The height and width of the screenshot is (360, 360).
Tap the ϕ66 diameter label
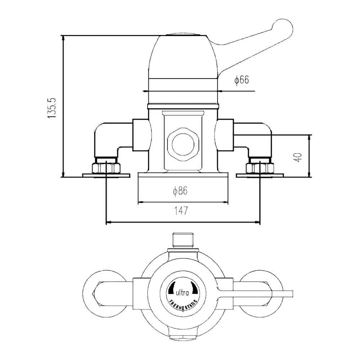coord(242,80)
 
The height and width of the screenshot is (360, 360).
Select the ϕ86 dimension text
coord(180,192)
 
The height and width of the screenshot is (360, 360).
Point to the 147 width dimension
coord(182,211)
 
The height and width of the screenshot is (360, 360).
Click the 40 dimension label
coord(298,157)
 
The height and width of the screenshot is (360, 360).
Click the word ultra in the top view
coord(183,293)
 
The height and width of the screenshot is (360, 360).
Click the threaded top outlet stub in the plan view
coord(183,240)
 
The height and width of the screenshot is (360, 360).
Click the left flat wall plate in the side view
coord(106,175)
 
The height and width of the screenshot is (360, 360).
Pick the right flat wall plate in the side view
coord(260,175)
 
